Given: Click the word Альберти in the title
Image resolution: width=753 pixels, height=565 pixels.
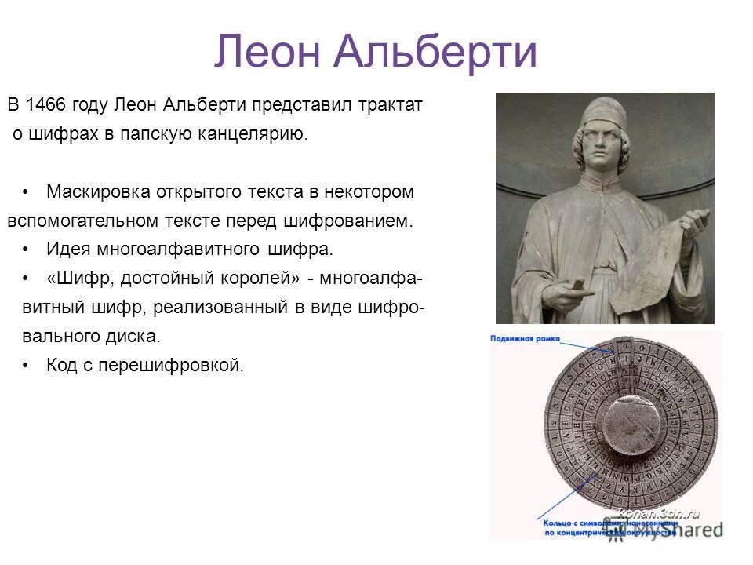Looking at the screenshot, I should pos(435,53).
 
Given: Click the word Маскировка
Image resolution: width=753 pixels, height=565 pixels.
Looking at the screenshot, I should pos(94,191).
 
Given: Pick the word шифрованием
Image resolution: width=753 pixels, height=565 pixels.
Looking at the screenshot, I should pos(355,221).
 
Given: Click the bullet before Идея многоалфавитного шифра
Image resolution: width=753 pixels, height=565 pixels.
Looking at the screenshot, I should pos(27,250).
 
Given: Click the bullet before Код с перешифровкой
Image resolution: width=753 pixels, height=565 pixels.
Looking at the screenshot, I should pos(27,366).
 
